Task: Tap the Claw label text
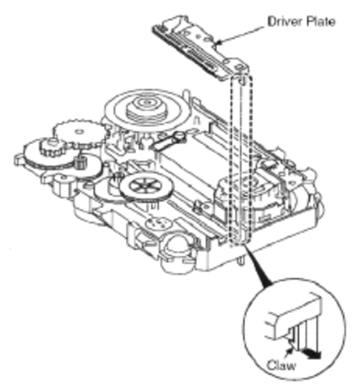click(281, 365)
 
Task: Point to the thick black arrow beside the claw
click(312, 353)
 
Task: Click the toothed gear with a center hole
click(79, 132)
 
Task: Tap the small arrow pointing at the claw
click(289, 350)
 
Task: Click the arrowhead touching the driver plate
click(219, 42)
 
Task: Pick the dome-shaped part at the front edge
click(175, 243)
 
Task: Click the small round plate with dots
click(158, 223)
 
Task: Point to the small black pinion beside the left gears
click(79, 164)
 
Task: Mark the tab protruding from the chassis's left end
click(19, 160)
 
